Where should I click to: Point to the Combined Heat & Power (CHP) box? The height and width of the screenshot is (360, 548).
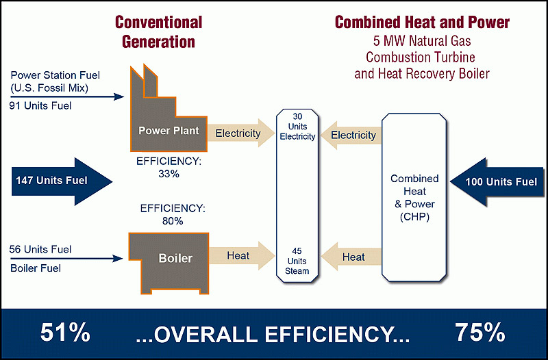[414, 197]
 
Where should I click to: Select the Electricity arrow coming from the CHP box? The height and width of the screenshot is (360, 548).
[351, 135]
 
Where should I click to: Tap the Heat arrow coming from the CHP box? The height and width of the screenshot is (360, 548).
[351, 257]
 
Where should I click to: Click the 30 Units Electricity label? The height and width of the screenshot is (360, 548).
[297, 127]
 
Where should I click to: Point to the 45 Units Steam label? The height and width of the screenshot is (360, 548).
[297, 261]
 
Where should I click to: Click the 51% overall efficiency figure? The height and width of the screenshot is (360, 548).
[65, 333]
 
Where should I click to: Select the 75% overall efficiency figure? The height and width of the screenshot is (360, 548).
[480, 333]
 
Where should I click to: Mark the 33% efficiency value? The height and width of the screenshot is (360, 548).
[169, 174]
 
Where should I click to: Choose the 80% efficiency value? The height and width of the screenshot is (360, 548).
[173, 220]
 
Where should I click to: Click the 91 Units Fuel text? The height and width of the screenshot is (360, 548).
[40, 105]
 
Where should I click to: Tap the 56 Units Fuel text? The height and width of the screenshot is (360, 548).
[40, 249]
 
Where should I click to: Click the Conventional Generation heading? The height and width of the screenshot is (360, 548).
[159, 31]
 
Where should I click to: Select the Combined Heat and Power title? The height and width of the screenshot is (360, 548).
[422, 22]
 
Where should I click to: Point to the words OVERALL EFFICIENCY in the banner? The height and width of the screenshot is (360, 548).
[273, 335]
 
